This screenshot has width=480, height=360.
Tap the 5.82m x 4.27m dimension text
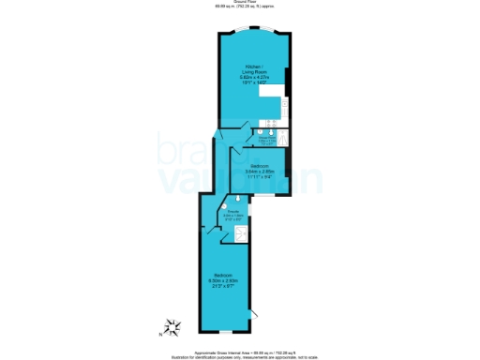(x=254, y=77)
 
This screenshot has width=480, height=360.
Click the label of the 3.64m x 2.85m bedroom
(x=260, y=166)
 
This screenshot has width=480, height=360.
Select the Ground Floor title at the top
(x=240, y=3)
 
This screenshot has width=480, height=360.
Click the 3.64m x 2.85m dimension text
(x=260, y=172)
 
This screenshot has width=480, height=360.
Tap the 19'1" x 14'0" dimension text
(x=254, y=83)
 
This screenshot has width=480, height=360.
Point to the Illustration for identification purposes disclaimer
(x=240, y=356)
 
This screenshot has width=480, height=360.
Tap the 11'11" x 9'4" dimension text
(x=260, y=177)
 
